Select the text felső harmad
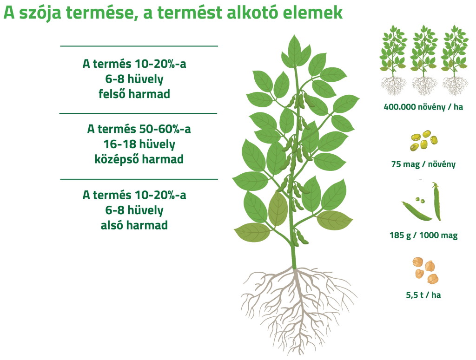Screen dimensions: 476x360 coord(134,94)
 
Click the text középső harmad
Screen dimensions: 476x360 coord(139,159)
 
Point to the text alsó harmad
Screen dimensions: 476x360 coord(134,225)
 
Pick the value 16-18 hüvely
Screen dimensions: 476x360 coord(139,144)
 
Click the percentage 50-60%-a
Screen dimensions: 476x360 coord(165,129)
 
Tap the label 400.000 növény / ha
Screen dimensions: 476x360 coord(423,107)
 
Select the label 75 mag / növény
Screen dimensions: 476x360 coord(423,164)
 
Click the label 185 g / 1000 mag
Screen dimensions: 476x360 coord(423,236)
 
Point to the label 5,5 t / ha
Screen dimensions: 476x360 coord(423,295)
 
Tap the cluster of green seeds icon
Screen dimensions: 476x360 coord(424,140)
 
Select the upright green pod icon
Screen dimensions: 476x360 coord(436,202)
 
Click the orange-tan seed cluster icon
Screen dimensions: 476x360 coord(425,270)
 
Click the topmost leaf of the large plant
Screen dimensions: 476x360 coord(294,51)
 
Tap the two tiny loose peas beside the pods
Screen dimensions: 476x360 coord(420,200)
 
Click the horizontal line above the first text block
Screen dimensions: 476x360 coord(139,46)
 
